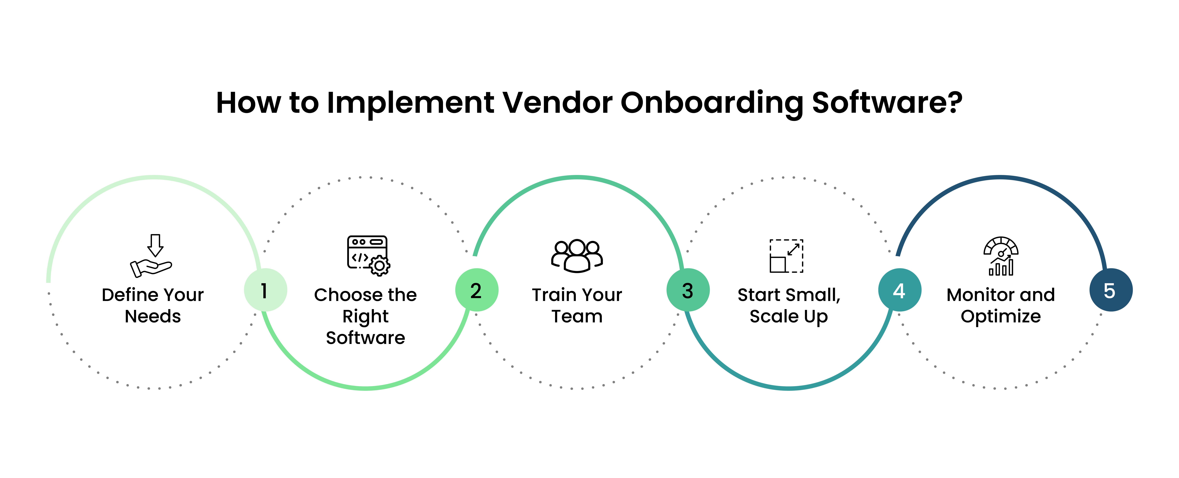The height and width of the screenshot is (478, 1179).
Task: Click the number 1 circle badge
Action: click(x=265, y=290)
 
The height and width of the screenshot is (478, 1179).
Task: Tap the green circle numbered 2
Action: click(x=477, y=290)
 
